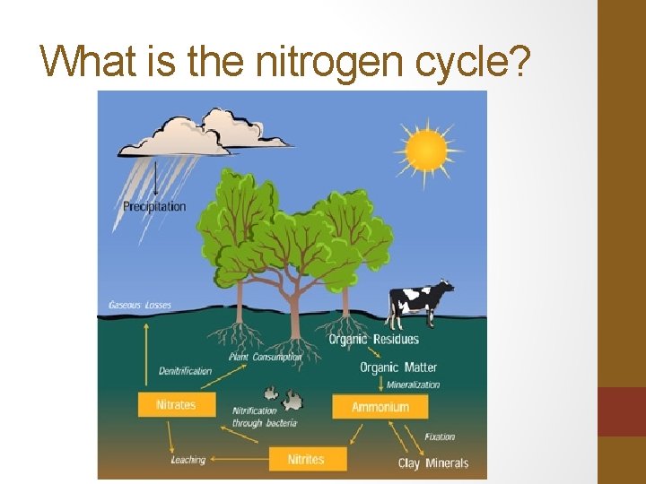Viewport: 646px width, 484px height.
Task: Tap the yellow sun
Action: [x=425, y=149]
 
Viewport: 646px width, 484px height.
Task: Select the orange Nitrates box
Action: [x=176, y=404]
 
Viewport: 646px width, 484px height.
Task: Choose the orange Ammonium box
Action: [x=380, y=407]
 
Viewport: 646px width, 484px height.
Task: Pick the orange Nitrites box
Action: [x=306, y=459]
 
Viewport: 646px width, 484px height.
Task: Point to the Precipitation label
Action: [x=154, y=206]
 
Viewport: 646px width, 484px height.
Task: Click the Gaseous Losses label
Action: [x=140, y=305]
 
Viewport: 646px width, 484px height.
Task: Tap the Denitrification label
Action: [x=185, y=370]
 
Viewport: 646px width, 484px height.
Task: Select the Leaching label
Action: [x=188, y=460]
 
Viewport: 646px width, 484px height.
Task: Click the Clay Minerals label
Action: [x=433, y=463]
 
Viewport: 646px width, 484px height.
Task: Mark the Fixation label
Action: [x=440, y=437]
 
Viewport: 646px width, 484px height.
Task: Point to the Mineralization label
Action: [x=413, y=385]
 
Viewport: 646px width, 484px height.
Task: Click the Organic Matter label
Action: [x=398, y=367]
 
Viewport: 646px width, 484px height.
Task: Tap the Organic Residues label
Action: [x=373, y=340]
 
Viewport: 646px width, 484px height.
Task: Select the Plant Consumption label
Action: [x=265, y=357]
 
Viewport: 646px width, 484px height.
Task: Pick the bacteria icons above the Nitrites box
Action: [x=284, y=394]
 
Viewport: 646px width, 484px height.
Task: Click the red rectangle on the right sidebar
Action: [x=621, y=411]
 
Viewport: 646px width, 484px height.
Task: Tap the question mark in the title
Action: [x=521, y=63]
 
